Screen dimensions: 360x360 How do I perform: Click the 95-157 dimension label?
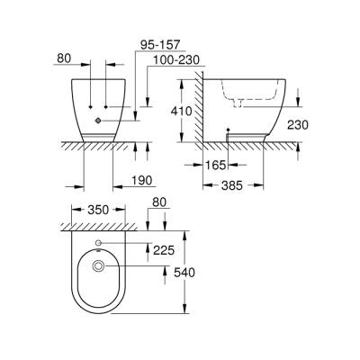(162, 42)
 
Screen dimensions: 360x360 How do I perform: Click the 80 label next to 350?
(159, 204)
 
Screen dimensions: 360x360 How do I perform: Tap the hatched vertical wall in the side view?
(193, 108)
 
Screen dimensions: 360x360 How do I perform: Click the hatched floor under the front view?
(99, 146)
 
